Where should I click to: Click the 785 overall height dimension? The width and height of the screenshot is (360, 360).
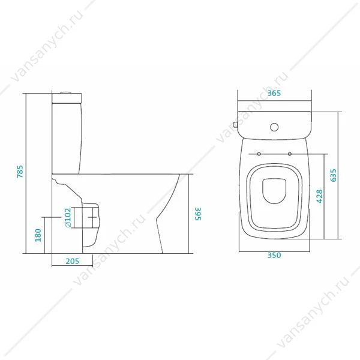(x=20, y=171)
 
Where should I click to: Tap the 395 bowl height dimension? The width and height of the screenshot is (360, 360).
(x=198, y=214)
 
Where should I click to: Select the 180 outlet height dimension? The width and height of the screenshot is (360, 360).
(x=38, y=235)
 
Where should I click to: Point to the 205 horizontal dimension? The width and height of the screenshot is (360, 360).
(x=73, y=261)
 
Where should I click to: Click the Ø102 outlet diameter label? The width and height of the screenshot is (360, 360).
(x=68, y=218)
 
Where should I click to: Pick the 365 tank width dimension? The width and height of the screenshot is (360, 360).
(x=274, y=93)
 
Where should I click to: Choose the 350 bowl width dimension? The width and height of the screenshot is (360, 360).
(x=274, y=255)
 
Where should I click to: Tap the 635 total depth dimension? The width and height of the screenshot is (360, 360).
(x=333, y=175)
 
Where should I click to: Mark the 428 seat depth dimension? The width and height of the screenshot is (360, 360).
(x=319, y=196)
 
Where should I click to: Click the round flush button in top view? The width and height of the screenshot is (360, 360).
(x=274, y=127)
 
